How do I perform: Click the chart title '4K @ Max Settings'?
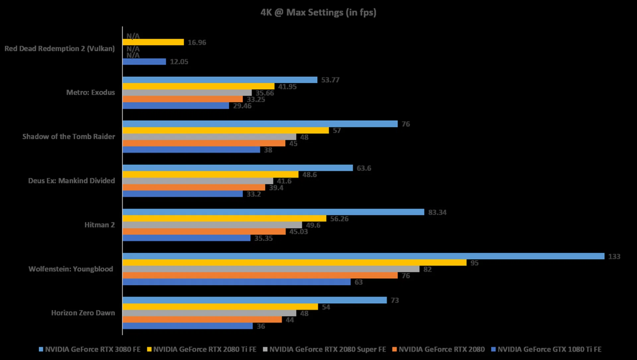click(318, 13)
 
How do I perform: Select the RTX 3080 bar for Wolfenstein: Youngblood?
click(363, 256)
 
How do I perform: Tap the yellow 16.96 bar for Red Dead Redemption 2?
click(153, 42)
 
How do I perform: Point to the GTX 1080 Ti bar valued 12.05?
click(144, 62)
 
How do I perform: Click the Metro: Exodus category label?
click(90, 93)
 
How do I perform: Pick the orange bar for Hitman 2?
click(204, 232)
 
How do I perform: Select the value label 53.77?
click(330, 80)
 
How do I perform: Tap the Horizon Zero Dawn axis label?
click(83, 313)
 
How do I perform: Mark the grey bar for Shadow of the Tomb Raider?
click(209, 137)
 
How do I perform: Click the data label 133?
click(614, 256)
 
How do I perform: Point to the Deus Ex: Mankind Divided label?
click(71, 181)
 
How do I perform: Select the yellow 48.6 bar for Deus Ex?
click(210, 175)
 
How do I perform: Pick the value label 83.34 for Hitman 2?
click(437, 212)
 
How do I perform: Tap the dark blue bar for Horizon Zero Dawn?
click(187, 326)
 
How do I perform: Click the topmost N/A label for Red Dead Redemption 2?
click(133, 36)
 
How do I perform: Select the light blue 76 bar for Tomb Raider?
click(260, 124)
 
